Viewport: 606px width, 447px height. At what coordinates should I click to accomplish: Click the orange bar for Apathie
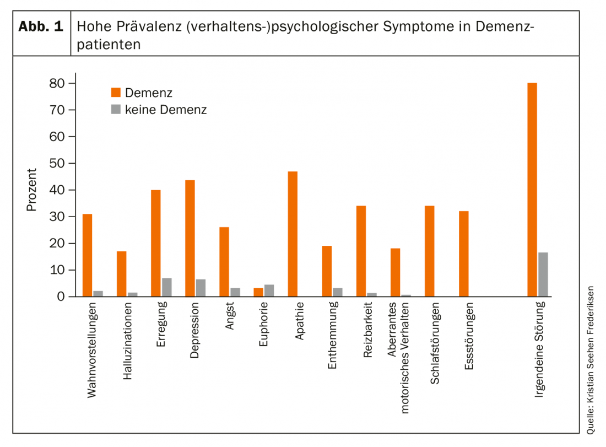coord(293,234)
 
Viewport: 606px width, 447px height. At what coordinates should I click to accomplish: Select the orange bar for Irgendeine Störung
coord(532,190)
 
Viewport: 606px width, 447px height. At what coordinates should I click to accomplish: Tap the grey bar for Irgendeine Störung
coord(543,274)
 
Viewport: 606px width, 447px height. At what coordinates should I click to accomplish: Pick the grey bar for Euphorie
coord(269,290)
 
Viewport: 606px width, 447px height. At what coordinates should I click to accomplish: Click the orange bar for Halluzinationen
coord(121,274)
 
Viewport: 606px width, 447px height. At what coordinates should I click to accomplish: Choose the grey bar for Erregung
coord(166,287)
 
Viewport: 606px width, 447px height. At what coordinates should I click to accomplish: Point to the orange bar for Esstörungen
coord(463,254)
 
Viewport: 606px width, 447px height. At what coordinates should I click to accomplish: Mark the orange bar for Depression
coord(190,238)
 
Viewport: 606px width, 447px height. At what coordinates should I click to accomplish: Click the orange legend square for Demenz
coord(116,92)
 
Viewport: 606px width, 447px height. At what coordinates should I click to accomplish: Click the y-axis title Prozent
coord(31,190)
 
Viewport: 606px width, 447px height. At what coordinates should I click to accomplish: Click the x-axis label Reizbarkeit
coord(367,329)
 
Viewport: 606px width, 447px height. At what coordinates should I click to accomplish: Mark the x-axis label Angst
coord(230,316)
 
